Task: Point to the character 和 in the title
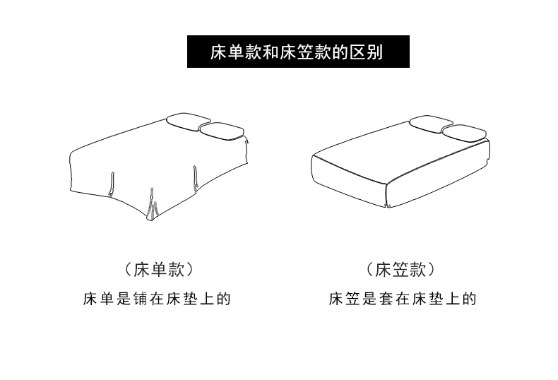(x=271, y=52)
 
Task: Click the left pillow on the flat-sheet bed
(x=188, y=121)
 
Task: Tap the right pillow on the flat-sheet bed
(x=221, y=131)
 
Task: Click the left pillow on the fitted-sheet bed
(x=432, y=123)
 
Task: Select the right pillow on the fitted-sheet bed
(x=464, y=133)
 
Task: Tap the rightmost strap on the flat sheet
(x=196, y=179)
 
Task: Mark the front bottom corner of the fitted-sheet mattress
(x=388, y=206)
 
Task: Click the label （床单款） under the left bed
(x=159, y=269)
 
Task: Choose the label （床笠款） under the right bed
(x=400, y=269)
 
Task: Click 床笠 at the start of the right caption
(x=344, y=299)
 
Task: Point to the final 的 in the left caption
(x=224, y=299)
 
